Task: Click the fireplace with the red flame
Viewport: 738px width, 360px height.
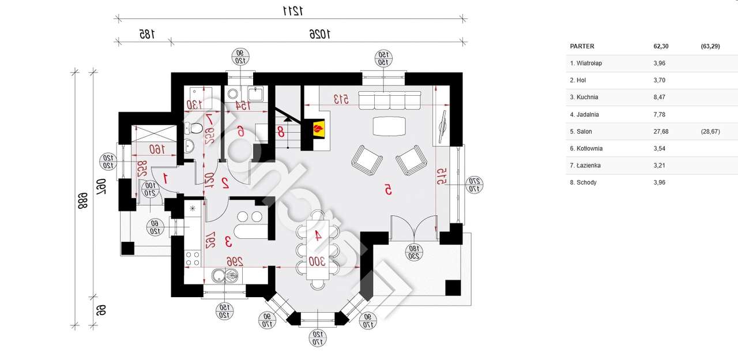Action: tap(318, 128)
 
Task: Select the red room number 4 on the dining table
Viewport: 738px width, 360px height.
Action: tap(317, 235)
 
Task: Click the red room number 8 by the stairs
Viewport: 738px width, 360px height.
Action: tap(281, 132)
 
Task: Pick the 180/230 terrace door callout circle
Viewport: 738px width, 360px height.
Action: tap(413, 252)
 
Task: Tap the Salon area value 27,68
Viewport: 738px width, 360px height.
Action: tap(660, 132)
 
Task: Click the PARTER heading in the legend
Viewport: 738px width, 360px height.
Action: tap(582, 46)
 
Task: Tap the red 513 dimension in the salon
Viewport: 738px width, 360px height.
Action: tap(342, 99)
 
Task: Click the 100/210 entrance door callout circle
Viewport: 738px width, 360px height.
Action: tap(150, 189)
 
